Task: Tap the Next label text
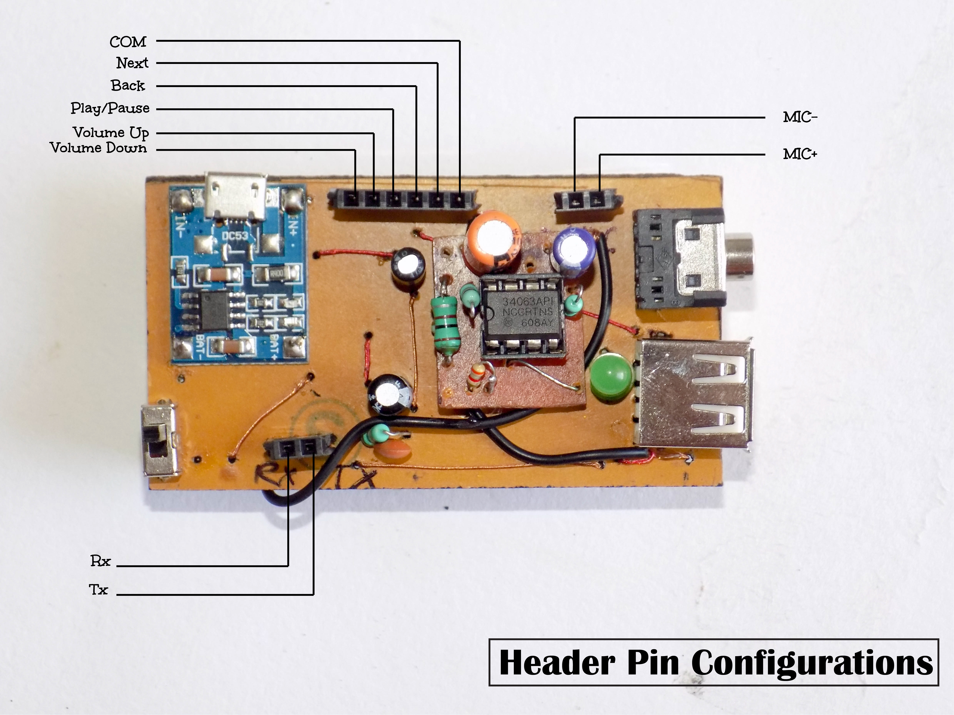[132, 63]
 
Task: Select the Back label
[128, 85]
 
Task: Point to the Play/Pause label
[110, 108]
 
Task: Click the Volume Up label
[111, 132]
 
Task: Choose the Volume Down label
[98, 148]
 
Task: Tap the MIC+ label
[800, 154]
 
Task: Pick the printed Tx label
[98, 589]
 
